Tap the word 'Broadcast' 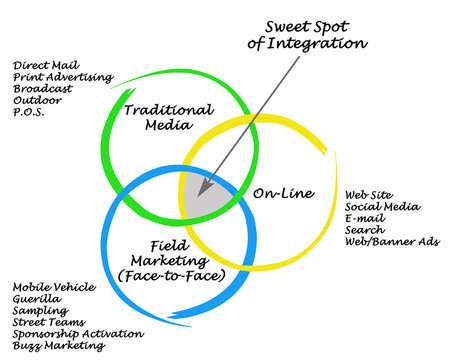tap(41, 88)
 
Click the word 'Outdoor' tap(37, 99)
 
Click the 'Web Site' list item tap(368, 195)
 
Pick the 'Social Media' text tap(381, 207)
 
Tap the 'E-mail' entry tap(363, 218)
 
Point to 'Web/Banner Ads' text tap(391, 241)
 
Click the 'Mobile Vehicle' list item tap(53, 288)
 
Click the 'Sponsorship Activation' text tap(78, 334)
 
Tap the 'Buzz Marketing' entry tap(58, 345)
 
